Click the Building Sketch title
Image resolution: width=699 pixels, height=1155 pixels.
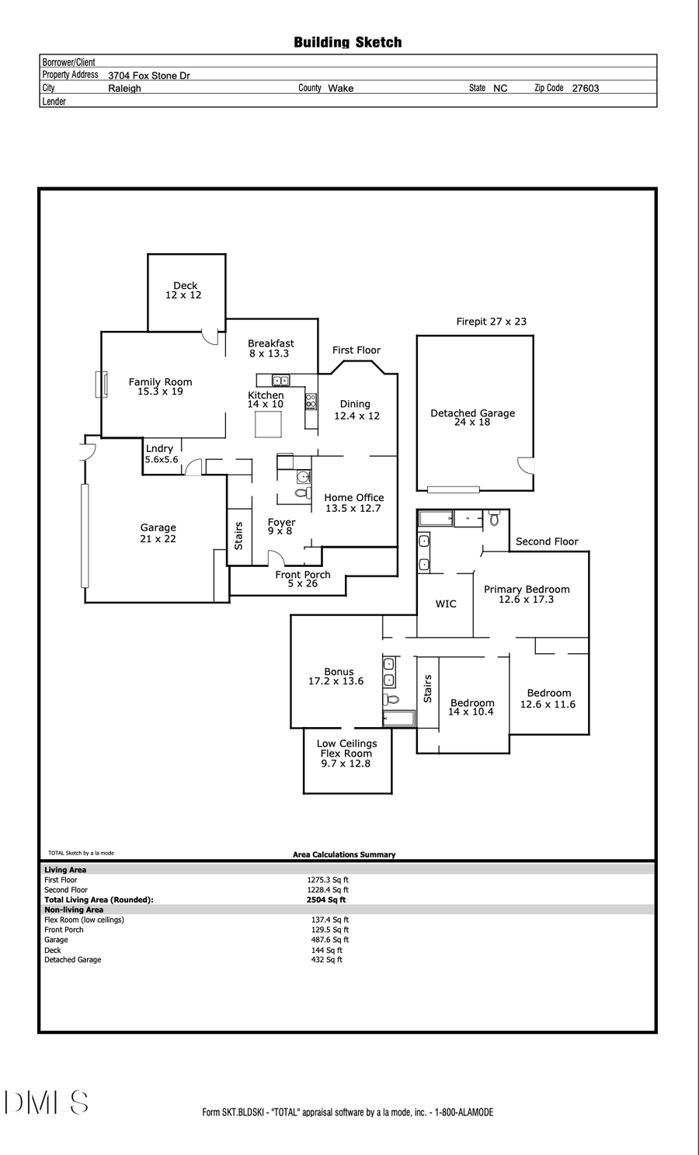347,43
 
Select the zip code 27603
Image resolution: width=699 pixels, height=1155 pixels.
585,89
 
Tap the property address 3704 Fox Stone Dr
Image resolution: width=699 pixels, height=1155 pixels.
149,76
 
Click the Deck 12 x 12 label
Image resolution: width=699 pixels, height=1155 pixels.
184,290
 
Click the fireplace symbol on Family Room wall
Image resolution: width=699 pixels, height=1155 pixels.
100,384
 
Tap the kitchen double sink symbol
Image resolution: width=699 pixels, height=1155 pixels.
280,381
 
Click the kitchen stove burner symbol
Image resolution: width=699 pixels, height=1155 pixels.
311,402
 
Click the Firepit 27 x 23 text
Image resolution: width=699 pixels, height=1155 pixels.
491,322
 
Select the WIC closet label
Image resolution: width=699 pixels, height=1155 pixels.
446,604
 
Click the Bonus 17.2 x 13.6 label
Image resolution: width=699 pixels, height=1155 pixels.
336,677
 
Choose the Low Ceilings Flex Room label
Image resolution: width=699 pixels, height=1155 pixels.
346,753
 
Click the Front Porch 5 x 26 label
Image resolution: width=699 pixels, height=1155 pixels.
302,579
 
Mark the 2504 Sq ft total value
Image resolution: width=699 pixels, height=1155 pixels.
326,900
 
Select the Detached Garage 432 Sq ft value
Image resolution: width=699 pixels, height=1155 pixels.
326,960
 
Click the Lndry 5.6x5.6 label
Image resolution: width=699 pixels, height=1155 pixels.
161,454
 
